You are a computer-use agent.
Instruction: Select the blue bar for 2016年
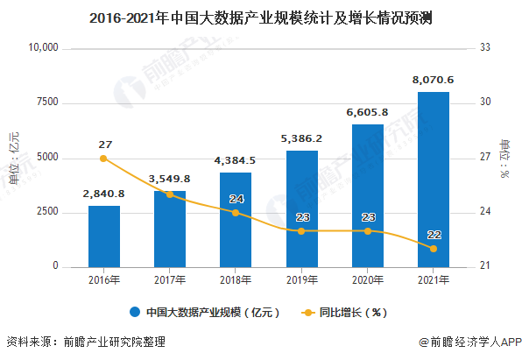coord(104,236)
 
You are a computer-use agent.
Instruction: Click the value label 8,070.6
coord(433,80)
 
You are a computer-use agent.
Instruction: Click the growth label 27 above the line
coord(104,144)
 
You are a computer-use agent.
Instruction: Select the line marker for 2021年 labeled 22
coord(433,249)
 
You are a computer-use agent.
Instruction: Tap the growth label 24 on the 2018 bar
coord(236,199)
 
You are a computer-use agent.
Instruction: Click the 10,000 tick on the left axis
coord(40,48)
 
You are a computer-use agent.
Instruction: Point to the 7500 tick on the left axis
coord(46,102)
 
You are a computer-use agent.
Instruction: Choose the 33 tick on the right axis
coord(485,48)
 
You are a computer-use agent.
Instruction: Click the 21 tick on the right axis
coord(485,266)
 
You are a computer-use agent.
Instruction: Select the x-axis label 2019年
coord(301,280)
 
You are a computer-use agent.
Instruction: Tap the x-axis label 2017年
coord(170,280)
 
